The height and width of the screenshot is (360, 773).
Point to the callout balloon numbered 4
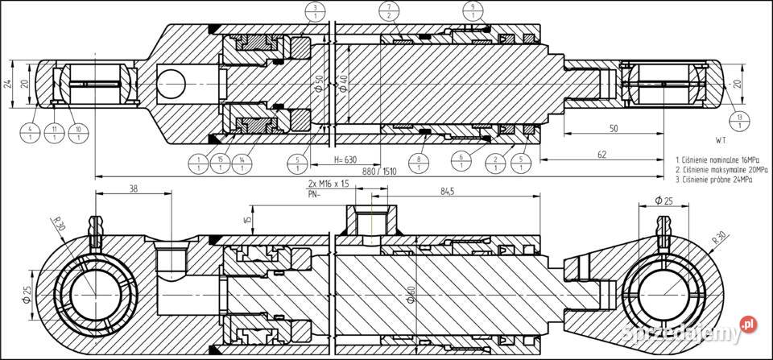click(x=30, y=133)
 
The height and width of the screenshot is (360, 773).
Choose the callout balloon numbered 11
click(x=54, y=133)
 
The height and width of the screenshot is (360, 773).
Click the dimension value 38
click(x=134, y=188)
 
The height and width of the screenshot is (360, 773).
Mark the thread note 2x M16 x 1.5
click(x=329, y=184)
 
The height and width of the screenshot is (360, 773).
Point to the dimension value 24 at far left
click(x=6, y=84)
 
